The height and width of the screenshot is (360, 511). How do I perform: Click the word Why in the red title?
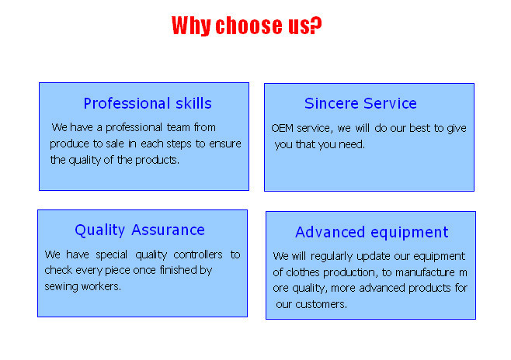tap(191, 26)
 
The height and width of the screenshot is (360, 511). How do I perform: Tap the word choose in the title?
tap(249, 26)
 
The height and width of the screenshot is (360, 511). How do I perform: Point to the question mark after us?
tap(316, 25)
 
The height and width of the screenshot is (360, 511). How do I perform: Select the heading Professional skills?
tap(148, 103)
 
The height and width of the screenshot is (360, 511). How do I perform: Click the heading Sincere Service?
tap(360, 103)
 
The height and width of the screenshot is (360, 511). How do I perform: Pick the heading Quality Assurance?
tap(140, 230)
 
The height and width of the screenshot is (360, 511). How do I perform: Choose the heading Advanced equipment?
tap(372, 233)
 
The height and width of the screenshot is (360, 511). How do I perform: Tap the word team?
tap(179, 127)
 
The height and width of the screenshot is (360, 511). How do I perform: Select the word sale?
tap(115, 144)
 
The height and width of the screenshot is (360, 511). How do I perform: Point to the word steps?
tap(179, 144)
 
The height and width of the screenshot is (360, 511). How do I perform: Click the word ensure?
tap(225, 144)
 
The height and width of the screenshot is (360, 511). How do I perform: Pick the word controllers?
tap(198, 254)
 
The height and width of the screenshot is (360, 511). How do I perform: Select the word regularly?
tap(332, 257)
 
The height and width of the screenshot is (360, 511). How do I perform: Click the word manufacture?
tap(425, 272)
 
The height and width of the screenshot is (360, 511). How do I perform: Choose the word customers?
tap(321, 304)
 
